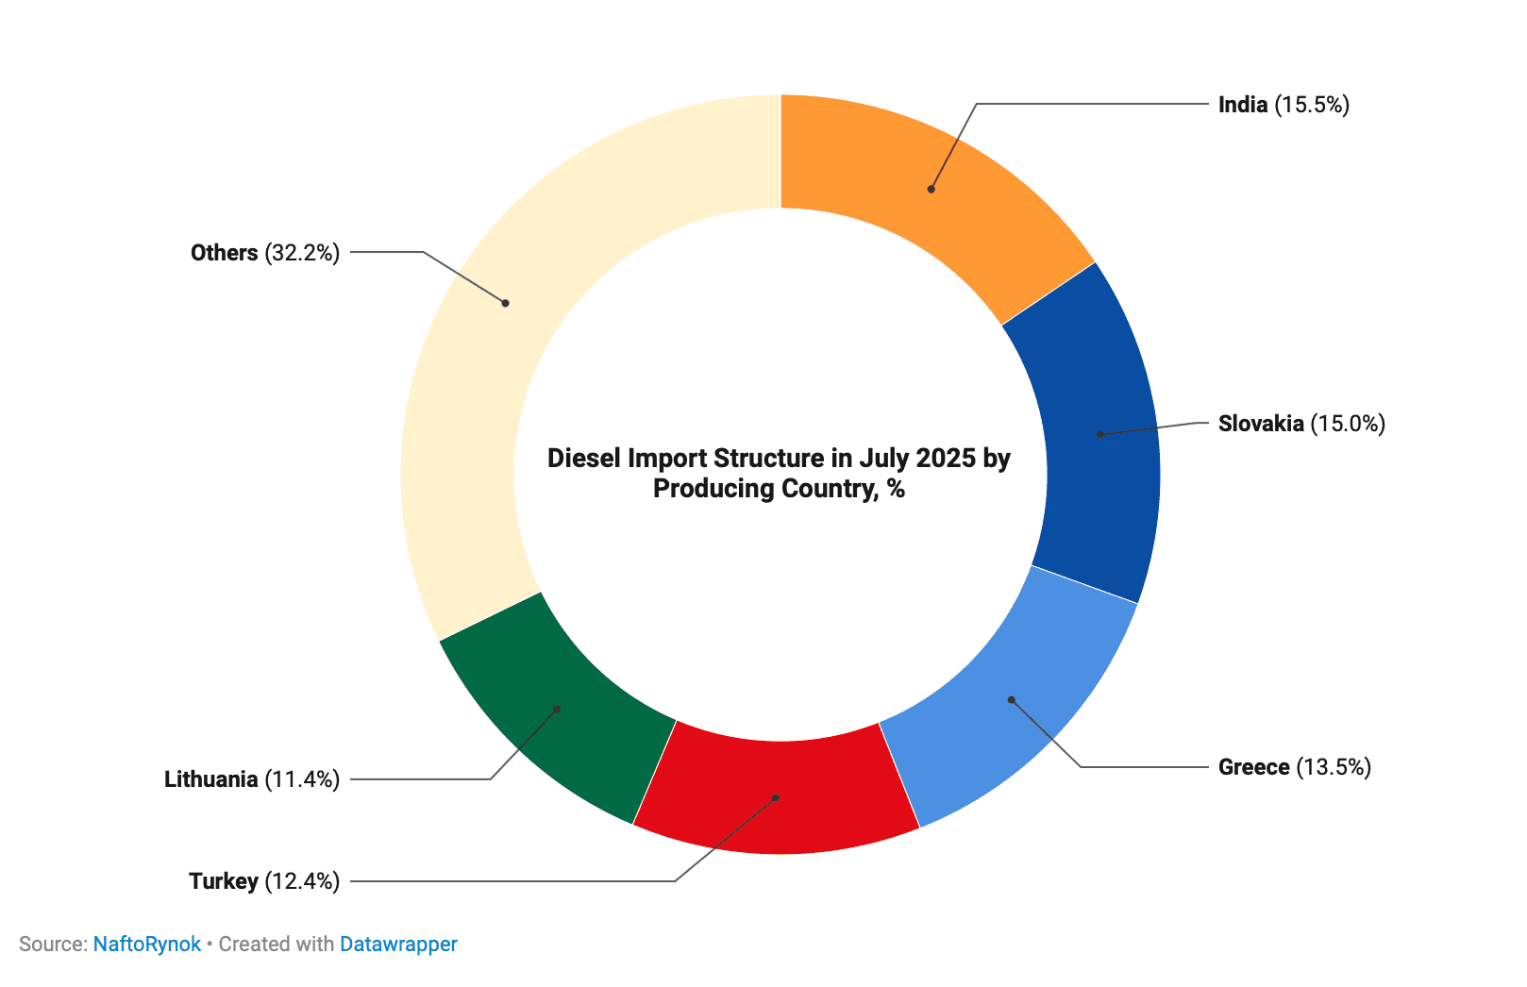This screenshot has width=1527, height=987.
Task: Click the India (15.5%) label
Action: pyautogui.click(x=1284, y=105)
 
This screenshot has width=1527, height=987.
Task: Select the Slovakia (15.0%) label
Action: pyautogui.click(x=1301, y=424)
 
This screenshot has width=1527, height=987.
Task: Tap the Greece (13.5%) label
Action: pyautogui.click(x=1294, y=767)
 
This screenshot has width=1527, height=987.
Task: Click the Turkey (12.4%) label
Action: pyautogui.click(x=264, y=881)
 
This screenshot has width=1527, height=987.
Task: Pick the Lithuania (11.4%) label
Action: pyautogui.click(x=252, y=779)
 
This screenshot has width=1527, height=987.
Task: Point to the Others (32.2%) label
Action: pyautogui.click(x=265, y=253)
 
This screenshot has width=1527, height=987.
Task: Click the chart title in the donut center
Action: pyautogui.click(x=780, y=474)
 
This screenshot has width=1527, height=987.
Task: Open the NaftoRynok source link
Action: pyautogui.click(x=147, y=945)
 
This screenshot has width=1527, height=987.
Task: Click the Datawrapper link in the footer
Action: pyautogui.click(x=398, y=945)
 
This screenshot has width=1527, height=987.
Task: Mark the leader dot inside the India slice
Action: pyautogui.click(x=931, y=190)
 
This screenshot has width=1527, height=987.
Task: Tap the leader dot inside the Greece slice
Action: pyautogui.click(x=1011, y=700)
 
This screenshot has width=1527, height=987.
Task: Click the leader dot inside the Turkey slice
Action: pyautogui.click(x=776, y=798)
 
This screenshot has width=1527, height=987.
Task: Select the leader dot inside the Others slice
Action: pyautogui.click(x=506, y=303)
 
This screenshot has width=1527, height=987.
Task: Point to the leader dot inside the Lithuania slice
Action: pyautogui.click(x=557, y=709)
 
